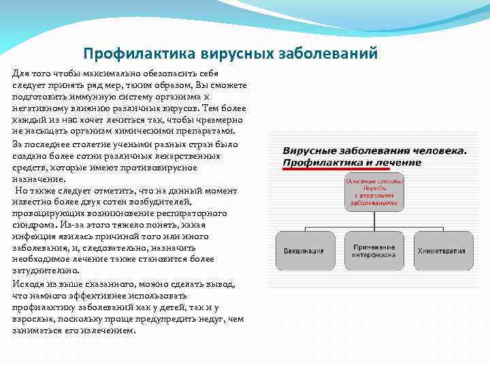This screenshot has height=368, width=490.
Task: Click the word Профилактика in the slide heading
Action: [131, 53]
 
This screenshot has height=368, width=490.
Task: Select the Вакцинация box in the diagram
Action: [304, 250]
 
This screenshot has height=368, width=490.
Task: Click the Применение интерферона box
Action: [374, 250]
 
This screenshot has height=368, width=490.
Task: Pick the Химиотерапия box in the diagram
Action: [441, 250]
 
